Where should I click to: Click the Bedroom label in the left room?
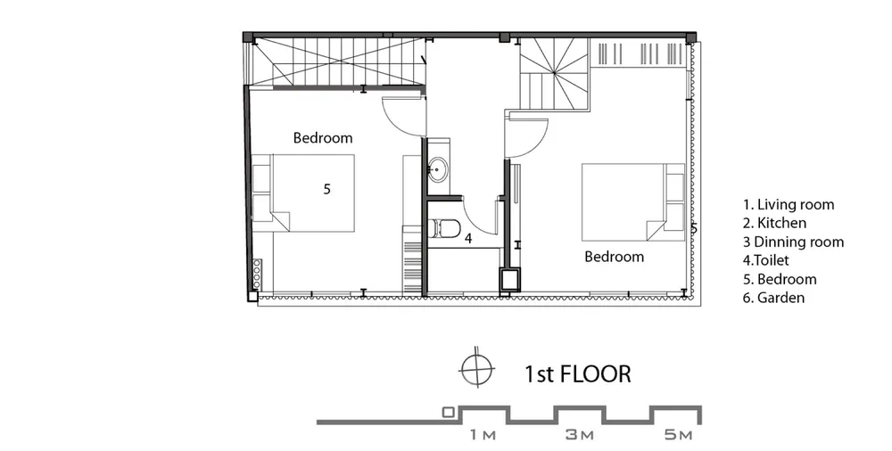[x=323, y=137]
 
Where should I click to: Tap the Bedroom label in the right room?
[x=615, y=257]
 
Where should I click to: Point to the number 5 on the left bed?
[x=326, y=189]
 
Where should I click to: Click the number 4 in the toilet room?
[x=468, y=238]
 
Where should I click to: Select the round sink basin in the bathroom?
[x=438, y=169]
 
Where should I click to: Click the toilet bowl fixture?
[x=443, y=229]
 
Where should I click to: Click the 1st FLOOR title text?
[x=577, y=374]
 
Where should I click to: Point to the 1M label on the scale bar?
[x=483, y=435]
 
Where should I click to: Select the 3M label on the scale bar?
[x=580, y=435]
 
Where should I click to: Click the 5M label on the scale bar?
[x=679, y=435]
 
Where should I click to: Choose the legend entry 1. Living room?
[x=789, y=205]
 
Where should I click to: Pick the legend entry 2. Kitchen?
[x=774, y=223]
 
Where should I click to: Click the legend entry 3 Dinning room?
[x=793, y=242]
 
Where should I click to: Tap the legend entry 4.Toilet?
[x=765, y=260]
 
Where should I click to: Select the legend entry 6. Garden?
[x=773, y=298]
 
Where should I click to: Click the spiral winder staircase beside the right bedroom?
[x=554, y=74]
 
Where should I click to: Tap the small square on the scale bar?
[x=449, y=413]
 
